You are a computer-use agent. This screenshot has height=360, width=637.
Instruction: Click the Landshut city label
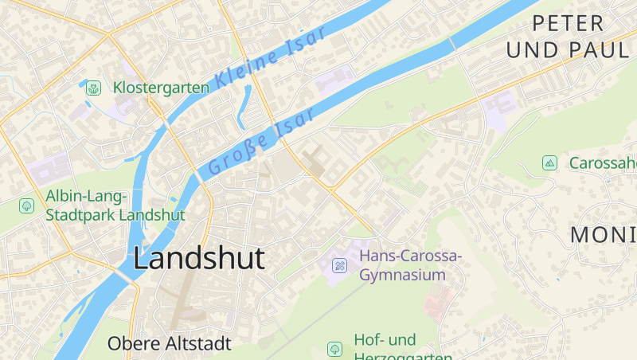199,258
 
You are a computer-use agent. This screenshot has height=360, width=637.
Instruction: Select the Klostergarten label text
161,88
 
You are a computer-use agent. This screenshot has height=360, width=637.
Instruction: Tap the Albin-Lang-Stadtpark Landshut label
115,205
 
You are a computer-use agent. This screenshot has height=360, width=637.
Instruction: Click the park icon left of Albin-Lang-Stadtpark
26,205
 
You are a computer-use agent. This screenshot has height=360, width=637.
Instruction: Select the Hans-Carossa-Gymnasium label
410,265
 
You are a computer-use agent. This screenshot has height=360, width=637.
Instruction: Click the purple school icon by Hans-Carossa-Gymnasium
339,265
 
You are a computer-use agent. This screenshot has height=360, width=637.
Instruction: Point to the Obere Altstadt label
169,344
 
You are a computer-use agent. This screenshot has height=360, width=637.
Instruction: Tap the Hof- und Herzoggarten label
402,349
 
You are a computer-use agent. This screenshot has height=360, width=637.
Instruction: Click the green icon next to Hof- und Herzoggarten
334,349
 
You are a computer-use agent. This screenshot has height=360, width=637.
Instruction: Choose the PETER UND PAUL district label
567,36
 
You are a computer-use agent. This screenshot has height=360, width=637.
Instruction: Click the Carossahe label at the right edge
603,163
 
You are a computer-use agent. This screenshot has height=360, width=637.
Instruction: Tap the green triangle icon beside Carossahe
549,163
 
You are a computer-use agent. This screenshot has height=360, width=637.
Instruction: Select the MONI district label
604,234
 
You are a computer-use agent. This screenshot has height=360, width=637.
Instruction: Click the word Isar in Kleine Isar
307,43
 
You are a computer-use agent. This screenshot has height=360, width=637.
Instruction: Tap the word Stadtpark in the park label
80,215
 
